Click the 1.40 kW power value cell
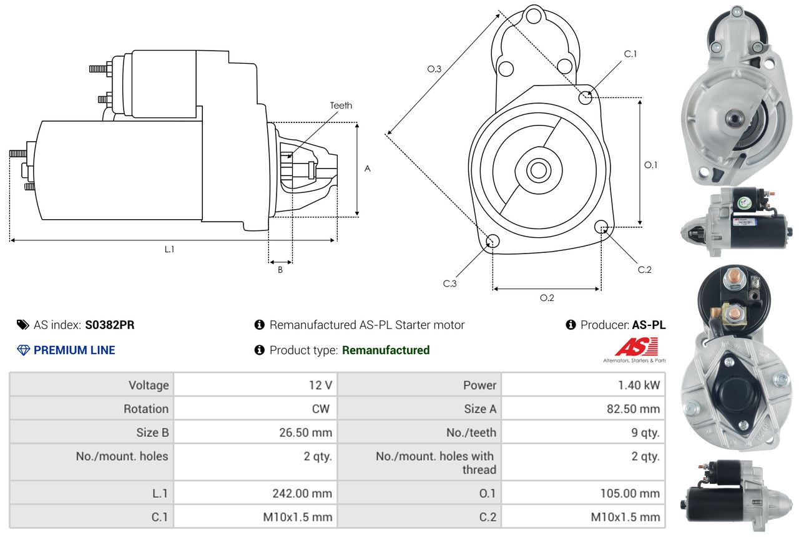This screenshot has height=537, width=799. tap(639, 385)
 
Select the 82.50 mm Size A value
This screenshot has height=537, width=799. tap(633, 408)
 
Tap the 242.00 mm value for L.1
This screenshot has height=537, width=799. tap(302, 493)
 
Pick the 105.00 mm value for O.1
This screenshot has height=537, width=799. tap(630, 493)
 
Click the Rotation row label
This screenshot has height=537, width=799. tap(146, 408)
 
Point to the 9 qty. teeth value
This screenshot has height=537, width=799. tap(645, 433)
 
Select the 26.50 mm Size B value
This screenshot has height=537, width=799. tap(305, 433)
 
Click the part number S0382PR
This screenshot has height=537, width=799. tap(109, 325)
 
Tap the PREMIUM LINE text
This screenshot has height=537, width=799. tap(74, 350)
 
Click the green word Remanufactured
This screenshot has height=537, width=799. tap(386, 350)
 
